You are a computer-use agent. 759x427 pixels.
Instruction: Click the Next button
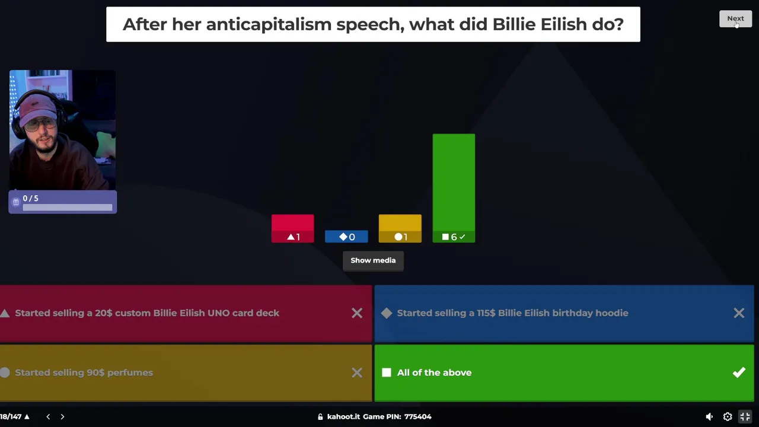[x=735, y=18]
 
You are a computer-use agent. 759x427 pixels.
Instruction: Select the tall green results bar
[x=454, y=188]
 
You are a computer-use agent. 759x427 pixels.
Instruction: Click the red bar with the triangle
[x=293, y=228]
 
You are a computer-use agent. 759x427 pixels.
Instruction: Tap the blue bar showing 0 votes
[x=346, y=237]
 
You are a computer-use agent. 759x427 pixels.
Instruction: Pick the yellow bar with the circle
[x=400, y=228]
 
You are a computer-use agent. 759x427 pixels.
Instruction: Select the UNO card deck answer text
[x=147, y=313]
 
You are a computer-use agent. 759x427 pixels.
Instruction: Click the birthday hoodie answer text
[x=513, y=313]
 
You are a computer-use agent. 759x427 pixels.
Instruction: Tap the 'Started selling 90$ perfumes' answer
[x=84, y=372]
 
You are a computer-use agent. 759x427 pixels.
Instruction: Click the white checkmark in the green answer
[x=739, y=372]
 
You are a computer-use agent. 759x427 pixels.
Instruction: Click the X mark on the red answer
[x=357, y=313]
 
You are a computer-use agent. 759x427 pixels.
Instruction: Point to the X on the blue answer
[x=739, y=313]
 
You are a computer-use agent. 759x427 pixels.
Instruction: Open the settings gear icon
[x=727, y=416]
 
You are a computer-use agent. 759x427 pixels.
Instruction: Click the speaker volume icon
[x=709, y=416]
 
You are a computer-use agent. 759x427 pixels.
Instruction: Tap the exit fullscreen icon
[x=745, y=416]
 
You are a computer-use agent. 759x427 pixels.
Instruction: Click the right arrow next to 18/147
[x=62, y=416]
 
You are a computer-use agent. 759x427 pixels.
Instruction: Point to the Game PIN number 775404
[x=418, y=416]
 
